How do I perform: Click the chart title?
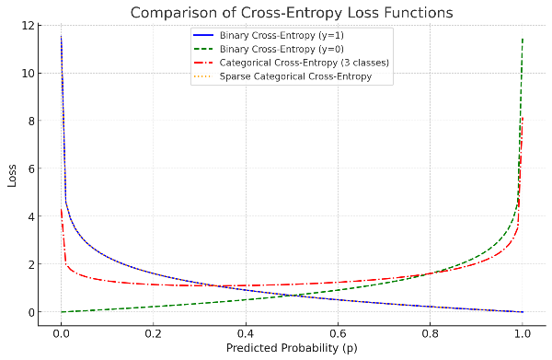tap(292, 13)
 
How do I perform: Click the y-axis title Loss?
tap(12, 176)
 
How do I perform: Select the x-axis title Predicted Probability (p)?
tap(292, 348)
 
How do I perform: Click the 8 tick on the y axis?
tap(30, 121)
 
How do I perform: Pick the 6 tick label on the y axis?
tap(30, 168)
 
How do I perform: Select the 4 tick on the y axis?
tap(30, 216)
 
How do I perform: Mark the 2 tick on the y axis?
tap(30, 264)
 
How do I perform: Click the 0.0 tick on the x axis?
tap(61, 333)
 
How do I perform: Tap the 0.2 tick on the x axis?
tap(153, 333)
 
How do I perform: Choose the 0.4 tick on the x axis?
tap(246, 333)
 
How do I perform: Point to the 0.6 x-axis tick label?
tap(338, 333)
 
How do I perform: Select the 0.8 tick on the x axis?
tap(431, 333)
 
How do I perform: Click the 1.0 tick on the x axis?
tap(523, 333)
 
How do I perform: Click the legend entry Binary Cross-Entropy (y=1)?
tap(269, 35)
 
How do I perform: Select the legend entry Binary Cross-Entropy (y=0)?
tap(269, 49)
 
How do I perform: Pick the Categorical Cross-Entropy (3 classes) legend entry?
tap(291, 63)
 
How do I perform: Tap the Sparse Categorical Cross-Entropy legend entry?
tap(282, 76)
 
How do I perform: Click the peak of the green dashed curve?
tap(523, 39)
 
